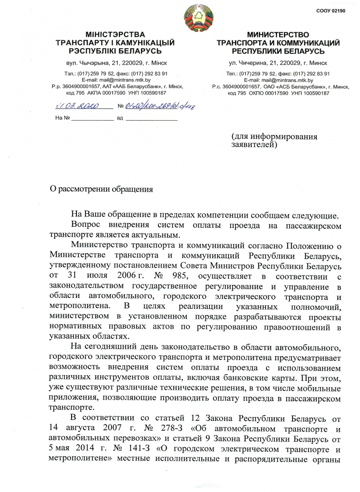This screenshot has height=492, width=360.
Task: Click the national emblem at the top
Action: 198,17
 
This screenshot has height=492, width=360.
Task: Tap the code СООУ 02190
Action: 331,11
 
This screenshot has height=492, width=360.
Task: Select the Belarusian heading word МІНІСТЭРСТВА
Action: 115,35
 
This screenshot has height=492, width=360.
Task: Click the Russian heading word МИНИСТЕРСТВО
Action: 278,35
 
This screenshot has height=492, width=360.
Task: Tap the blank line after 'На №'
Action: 93,119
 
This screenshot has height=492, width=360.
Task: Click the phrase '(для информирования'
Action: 274,137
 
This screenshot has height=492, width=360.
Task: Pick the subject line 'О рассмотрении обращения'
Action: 102,189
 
